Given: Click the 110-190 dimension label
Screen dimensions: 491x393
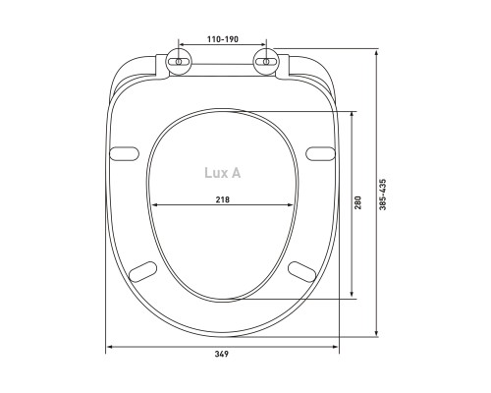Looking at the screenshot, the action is tap(223, 39).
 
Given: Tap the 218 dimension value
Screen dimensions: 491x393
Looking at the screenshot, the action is tap(223, 199).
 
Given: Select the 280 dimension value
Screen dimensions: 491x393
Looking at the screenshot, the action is tap(357, 202).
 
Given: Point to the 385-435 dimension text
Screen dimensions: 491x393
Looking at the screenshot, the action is tap(383, 195).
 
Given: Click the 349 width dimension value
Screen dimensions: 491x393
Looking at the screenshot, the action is tap(222, 354).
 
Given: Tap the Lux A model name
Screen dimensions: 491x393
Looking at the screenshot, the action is tap(223, 173).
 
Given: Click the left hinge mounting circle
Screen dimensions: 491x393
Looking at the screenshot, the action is tap(179, 62).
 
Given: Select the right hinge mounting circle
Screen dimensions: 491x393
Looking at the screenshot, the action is tap(266, 62).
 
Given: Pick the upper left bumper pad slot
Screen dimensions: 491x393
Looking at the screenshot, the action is tap(124, 153).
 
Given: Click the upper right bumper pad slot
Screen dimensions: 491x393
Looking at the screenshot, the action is tap(321, 153).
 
